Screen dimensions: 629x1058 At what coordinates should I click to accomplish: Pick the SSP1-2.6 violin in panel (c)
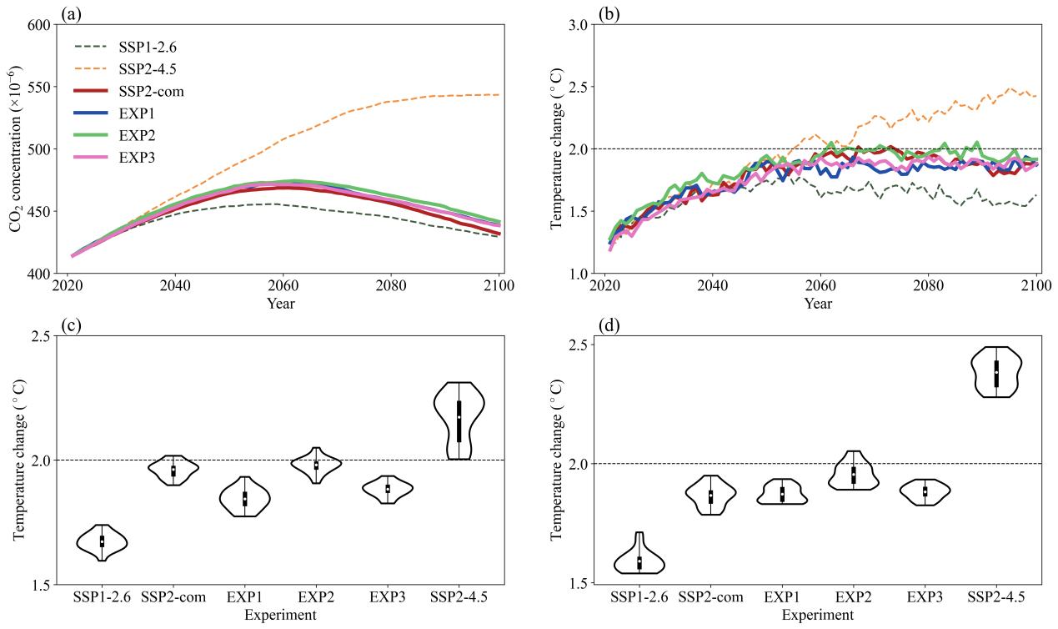click(x=102, y=542)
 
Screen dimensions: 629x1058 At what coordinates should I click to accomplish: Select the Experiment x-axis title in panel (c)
click(x=280, y=616)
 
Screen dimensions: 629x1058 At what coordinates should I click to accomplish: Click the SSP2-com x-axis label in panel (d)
click(x=710, y=597)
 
